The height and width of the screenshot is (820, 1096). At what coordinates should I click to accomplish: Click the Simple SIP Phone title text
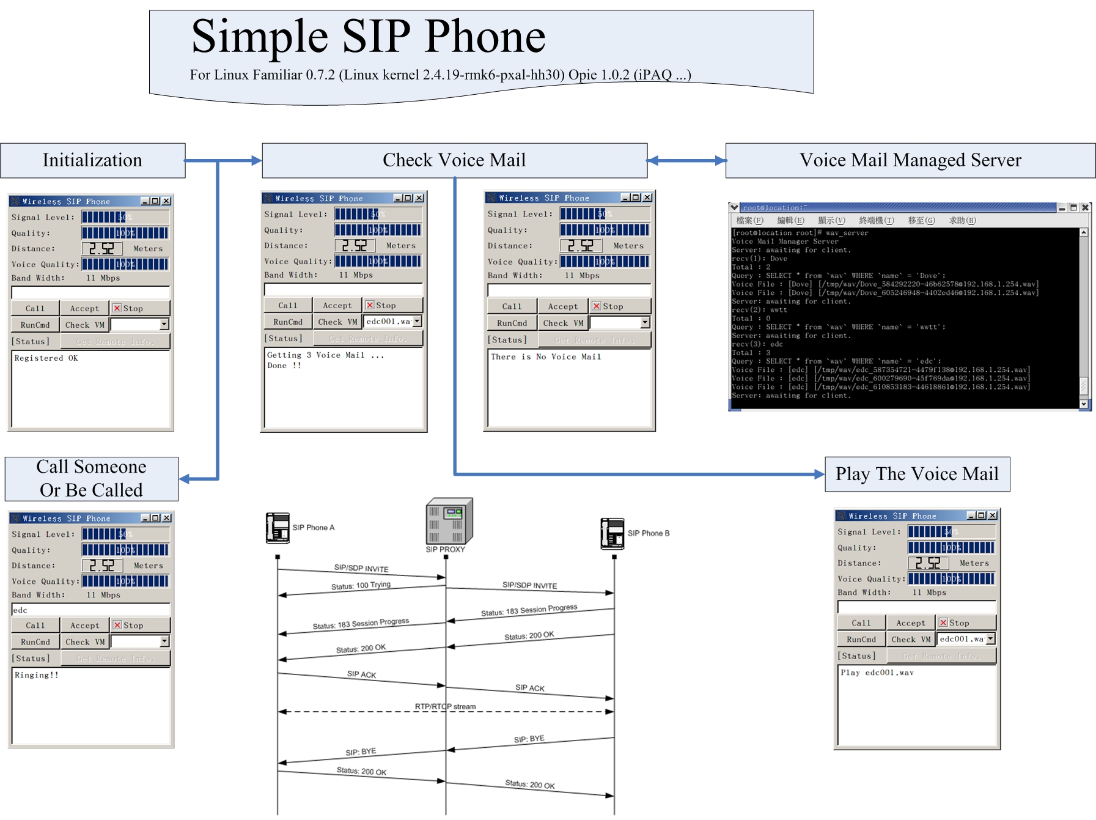(x=368, y=37)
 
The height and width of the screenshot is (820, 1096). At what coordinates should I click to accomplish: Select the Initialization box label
(x=92, y=160)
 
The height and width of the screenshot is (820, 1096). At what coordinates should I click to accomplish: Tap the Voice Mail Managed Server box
(x=910, y=160)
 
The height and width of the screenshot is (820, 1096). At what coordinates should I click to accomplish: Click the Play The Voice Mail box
(x=917, y=474)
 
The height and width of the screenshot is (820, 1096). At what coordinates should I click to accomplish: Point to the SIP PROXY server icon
(x=449, y=521)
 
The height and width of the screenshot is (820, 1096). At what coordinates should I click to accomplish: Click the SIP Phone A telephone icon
(x=278, y=528)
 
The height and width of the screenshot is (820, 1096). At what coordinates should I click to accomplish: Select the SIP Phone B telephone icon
(x=612, y=533)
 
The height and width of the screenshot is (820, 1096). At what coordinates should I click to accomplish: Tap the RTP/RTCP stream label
(x=445, y=706)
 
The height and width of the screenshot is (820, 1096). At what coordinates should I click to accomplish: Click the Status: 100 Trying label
(x=361, y=585)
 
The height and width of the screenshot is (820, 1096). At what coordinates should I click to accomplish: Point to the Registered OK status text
(x=46, y=358)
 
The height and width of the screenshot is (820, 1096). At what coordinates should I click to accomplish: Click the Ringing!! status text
(x=37, y=675)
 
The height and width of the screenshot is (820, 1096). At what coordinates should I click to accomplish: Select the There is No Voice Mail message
(x=546, y=356)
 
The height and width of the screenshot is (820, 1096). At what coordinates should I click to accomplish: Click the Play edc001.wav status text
(x=877, y=673)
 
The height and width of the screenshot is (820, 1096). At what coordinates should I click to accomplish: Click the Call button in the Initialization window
(x=35, y=309)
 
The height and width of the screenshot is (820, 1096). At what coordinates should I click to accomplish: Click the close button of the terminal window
(x=1085, y=208)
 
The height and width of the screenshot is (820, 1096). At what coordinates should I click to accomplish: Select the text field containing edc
(x=90, y=610)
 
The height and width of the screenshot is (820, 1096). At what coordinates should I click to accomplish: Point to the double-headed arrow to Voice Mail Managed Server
(x=686, y=161)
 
